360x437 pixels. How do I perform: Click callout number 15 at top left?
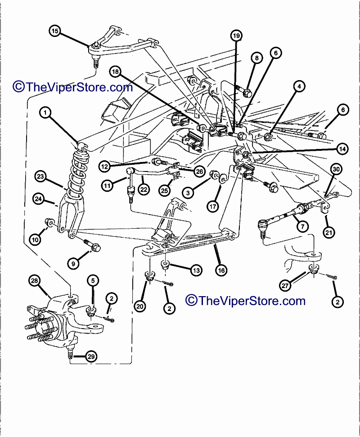55,31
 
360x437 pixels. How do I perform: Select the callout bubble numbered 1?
45,112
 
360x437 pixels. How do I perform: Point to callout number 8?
256,58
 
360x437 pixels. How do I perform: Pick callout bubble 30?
336,169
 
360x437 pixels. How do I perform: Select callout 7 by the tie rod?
302,225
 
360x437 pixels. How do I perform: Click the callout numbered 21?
328,232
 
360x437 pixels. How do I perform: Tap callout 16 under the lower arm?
221,270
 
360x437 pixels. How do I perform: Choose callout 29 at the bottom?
91,357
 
